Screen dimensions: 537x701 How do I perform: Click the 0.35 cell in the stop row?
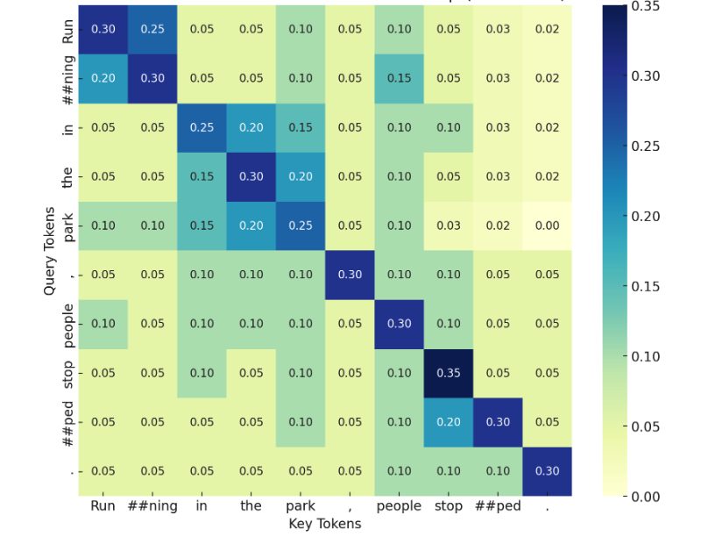(449, 373)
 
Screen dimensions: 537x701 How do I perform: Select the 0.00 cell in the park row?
(547, 226)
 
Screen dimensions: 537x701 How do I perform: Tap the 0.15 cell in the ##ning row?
(400, 77)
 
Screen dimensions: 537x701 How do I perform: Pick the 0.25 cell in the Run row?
(152, 29)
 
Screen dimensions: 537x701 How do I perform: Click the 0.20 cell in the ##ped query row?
(449, 422)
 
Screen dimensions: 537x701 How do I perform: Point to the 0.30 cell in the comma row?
(350, 275)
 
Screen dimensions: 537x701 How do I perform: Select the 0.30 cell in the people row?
(400, 324)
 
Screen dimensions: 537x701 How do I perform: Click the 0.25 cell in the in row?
(202, 126)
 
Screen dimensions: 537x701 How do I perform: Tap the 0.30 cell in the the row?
(251, 175)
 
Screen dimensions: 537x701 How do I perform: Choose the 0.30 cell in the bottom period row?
(547, 471)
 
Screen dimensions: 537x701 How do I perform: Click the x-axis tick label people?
(400, 506)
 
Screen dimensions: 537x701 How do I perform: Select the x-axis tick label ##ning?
(152, 506)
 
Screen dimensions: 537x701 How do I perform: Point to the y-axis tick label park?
(68, 226)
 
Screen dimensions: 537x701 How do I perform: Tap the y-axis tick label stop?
(68, 373)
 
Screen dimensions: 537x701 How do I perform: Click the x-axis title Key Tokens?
(325, 524)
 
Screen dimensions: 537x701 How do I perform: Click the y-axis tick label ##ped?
(68, 422)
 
